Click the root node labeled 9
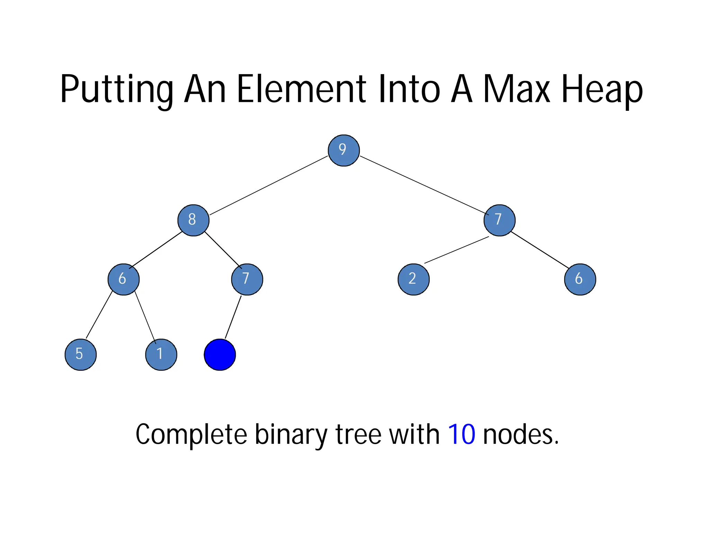(343, 150)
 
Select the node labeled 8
(193, 220)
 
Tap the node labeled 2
(413, 279)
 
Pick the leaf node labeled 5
(81, 354)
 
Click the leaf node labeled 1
(161, 354)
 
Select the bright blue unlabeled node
(220, 354)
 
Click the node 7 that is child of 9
(499, 220)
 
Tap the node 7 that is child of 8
(247, 279)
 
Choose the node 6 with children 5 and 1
(124, 279)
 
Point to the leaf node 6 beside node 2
(580, 279)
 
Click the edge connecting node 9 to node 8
(268, 185)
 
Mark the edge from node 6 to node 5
(99, 315)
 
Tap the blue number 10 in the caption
(461, 434)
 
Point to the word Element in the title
(301, 89)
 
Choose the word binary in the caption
(291, 435)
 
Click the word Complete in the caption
(191, 435)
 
